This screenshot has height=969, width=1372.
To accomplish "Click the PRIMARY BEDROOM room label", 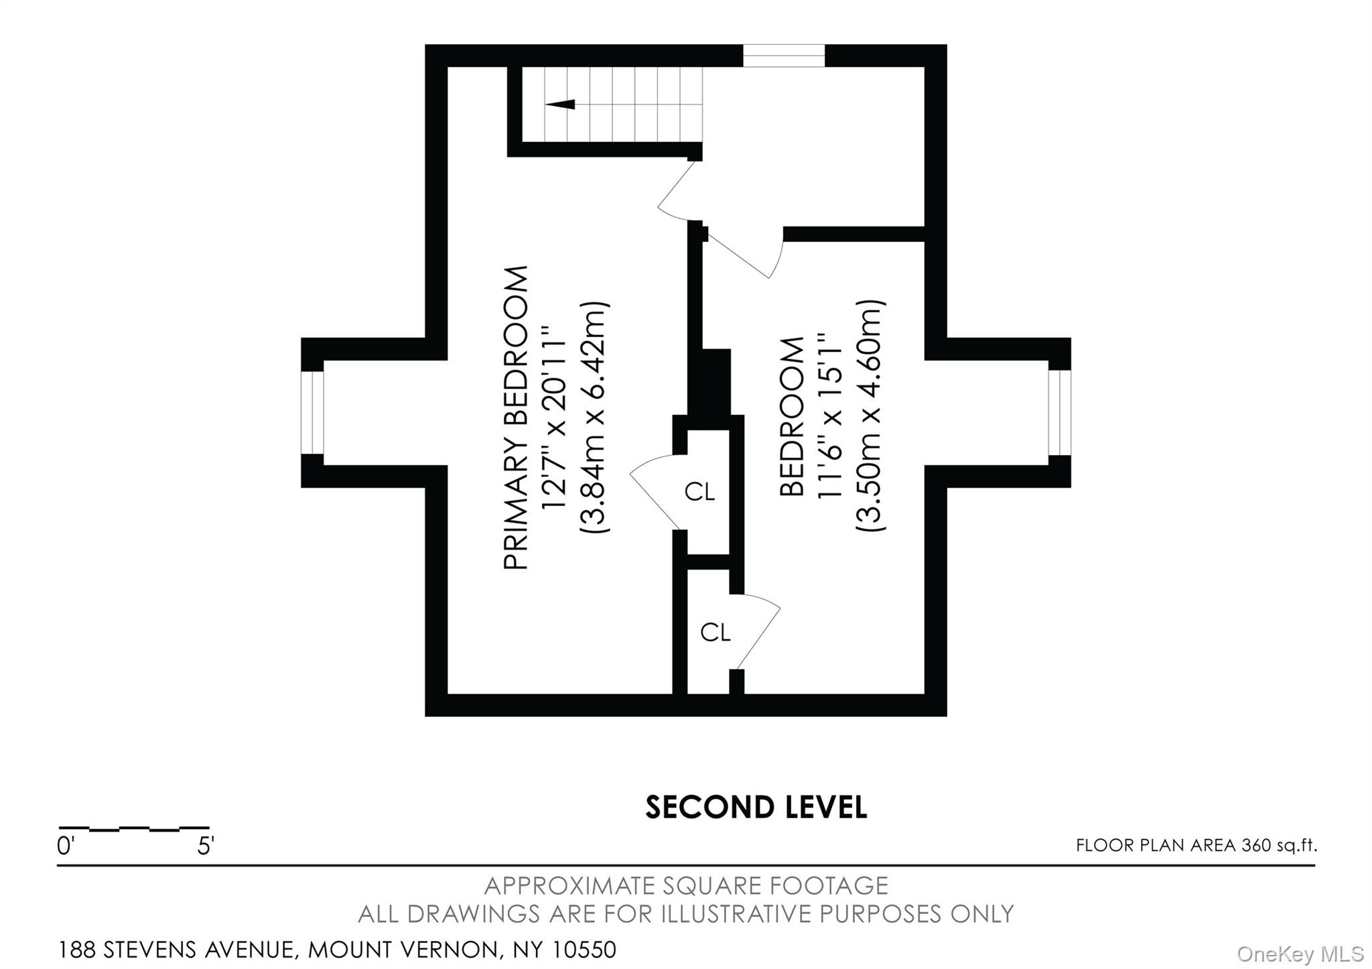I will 516,418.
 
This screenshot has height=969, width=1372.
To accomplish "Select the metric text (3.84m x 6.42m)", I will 594,417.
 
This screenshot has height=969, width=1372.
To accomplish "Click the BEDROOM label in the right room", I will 793,417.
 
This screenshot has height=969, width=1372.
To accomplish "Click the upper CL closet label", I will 699,493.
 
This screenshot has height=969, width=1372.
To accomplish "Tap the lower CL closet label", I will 715,632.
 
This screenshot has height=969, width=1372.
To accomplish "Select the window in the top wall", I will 784,56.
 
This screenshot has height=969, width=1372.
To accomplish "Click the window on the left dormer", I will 312,413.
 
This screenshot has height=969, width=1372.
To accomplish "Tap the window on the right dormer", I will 1059,413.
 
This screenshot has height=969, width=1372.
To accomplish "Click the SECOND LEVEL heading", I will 756,807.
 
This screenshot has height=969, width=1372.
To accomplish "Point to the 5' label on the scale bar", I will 205,846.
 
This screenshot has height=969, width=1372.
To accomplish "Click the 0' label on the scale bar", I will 65,846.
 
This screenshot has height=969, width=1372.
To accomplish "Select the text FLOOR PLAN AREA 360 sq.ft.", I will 1196,846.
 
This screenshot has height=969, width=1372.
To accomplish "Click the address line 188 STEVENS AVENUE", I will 337,950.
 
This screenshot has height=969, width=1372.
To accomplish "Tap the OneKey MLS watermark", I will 1300,954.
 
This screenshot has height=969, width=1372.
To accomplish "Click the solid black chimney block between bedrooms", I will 715,382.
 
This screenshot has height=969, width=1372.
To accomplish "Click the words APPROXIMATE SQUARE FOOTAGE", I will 686,886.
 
